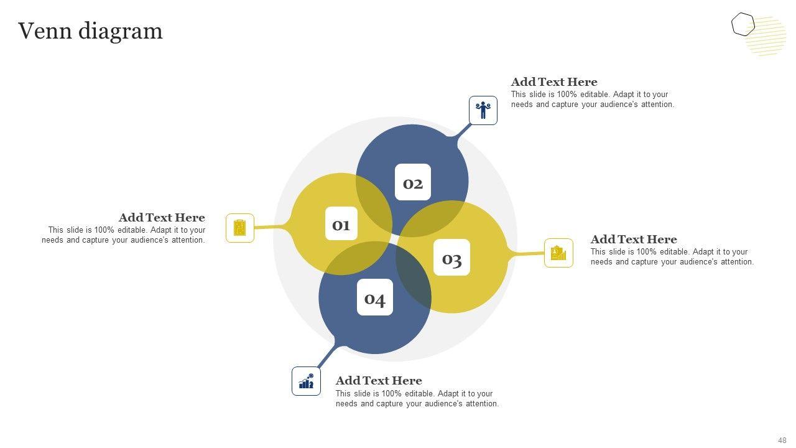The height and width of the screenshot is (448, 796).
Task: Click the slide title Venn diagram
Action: click(x=90, y=30)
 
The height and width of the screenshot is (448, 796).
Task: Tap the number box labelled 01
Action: click(x=341, y=224)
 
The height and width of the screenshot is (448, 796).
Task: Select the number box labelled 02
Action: click(x=413, y=182)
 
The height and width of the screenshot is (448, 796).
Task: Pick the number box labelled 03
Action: click(x=451, y=258)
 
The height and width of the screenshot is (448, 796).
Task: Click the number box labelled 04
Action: click(x=375, y=298)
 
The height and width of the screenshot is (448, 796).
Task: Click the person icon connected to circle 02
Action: click(x=483, y=110)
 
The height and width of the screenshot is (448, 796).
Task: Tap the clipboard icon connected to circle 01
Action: click(x=240, y=228)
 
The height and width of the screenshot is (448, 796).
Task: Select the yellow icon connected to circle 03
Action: click(x=558, y=253)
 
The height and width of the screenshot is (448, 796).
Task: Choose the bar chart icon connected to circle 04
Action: click(x=307, y=381)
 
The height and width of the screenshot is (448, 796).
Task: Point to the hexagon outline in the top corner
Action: click(x=743, y=25)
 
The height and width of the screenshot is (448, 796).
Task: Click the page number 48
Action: click(x=782, y=441)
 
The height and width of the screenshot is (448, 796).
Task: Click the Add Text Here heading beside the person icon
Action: click(x=554, y=82)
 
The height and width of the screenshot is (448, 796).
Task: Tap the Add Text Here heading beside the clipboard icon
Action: click(x=162, y=218)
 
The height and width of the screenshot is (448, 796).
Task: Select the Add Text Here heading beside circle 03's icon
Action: click(x=634, y=240)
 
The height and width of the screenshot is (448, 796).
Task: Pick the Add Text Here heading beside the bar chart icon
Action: click(x=379, y=381)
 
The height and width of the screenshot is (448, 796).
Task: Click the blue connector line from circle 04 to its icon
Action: click(x=326, y=358)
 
